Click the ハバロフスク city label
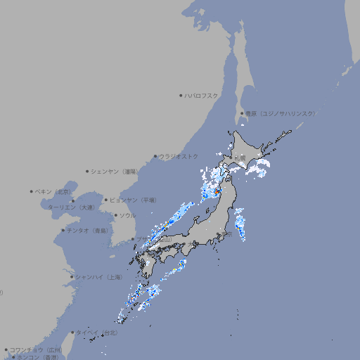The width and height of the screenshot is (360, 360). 202,95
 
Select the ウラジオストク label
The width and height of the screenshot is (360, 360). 179,156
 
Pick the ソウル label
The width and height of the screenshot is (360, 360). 127,215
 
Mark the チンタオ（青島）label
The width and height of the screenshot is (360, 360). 86,230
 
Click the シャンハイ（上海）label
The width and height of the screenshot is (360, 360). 98,276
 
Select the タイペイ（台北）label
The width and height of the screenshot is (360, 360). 98,332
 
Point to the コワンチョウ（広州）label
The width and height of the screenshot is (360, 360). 36,349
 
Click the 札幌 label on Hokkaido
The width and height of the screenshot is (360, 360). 241,157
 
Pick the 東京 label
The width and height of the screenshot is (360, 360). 226,235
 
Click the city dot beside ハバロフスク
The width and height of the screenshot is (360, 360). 181,95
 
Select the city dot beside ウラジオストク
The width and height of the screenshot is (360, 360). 155,157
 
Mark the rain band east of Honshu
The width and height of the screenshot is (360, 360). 240,225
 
